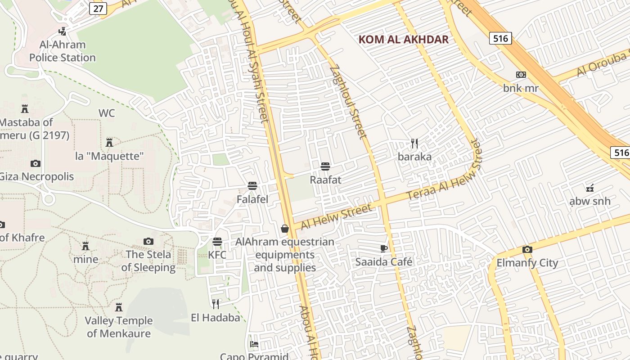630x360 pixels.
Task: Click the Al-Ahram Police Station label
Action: [x=63, y=51]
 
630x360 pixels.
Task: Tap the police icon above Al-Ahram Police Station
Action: [x=63, y=31]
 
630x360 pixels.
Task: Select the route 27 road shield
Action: [x=98, y=8]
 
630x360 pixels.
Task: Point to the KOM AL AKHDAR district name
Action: [x=404, y=40]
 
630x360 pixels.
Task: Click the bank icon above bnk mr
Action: [x=521, y=75]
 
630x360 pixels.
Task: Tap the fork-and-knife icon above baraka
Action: [x=414, y=144]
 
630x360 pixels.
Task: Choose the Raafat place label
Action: [x=325, y=180]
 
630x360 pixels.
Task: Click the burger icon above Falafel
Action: [x=252, y=186]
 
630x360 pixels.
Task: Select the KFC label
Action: [x=217, y=255]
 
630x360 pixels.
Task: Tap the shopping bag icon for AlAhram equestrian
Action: [x=285, y=229]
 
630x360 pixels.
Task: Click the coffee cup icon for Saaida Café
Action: [x=384, y=248]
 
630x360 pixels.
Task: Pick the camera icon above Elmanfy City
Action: [x=527, y=249]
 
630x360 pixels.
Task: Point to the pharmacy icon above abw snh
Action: [x=590, y=188]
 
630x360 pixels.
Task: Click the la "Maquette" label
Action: [x=109, y=157]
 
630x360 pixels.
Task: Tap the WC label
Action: [x=107, y=113]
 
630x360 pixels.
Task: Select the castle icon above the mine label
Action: [x=85, y=246]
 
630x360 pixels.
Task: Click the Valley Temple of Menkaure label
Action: [x=119, y=327]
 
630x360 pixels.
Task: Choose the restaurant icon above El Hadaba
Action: [x=216, y=304]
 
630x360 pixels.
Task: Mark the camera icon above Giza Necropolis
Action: [x=36, y=163]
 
